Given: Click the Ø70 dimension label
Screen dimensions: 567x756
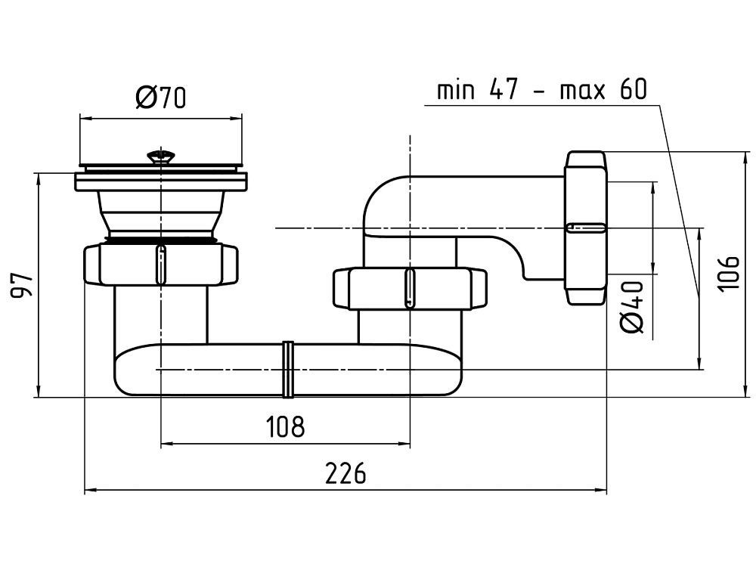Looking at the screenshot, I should (x=161, y=98).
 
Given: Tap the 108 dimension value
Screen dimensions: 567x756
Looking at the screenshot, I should (x=285, y=427).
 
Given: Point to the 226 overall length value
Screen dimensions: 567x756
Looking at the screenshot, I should (x=345, y=474).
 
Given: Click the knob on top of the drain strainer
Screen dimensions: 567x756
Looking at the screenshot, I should (x=161, y=157).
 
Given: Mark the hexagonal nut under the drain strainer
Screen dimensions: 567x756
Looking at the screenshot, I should (x=160, y=264).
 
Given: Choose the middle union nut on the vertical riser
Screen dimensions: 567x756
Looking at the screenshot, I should (x=409, y=288).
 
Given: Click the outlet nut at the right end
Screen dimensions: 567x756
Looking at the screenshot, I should (x=586, y=228).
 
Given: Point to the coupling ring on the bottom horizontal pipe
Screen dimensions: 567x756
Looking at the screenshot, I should (x=287, y=369).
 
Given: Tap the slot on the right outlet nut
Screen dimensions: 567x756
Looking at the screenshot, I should (x=586, y=228).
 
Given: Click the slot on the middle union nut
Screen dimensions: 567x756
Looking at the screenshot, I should (x=409, y=288).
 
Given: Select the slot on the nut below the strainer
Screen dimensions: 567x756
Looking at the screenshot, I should (x=160, y=264).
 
